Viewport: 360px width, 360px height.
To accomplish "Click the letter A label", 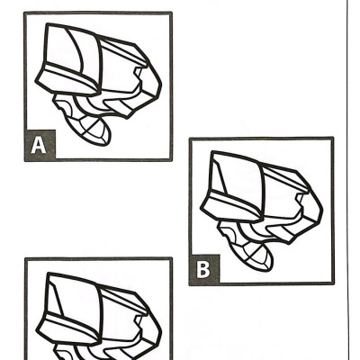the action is pos(39,145).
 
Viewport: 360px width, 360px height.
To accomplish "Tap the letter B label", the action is pos(203,269).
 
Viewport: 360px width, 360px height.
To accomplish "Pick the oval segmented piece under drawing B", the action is pos(254,255).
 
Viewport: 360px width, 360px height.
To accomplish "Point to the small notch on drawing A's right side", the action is pos(138,73).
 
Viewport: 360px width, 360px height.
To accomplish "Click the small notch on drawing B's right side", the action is pos(300,199).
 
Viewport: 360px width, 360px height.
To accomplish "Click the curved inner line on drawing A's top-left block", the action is pos(76,49).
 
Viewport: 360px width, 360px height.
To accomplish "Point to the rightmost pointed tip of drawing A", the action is pos(161,85).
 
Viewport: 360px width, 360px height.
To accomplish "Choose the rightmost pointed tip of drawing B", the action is pos(322,210).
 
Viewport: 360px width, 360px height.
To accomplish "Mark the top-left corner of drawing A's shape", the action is pos(47,24).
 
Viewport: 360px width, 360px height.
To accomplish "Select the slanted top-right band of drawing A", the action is pos(124,51).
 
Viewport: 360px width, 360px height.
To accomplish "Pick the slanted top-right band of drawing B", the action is pos(285,177).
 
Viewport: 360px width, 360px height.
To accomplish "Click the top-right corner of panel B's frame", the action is pos(332,139).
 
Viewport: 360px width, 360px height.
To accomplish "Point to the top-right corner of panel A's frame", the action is pos(171,13).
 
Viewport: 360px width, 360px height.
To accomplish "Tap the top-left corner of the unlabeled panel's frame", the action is pos(26,259).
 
